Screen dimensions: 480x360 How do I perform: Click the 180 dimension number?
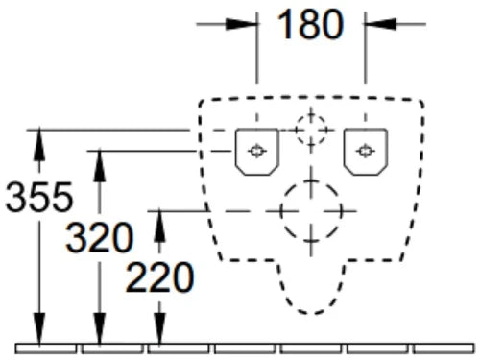310,25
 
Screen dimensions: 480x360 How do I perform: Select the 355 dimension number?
39,197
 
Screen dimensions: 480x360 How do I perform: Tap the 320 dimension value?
100,237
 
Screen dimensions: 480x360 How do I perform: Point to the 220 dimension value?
159,277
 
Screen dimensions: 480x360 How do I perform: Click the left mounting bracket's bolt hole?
256,151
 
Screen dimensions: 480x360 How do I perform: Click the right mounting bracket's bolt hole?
365,151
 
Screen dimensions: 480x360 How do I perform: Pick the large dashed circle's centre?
311,211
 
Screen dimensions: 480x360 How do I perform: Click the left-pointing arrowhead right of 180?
381,24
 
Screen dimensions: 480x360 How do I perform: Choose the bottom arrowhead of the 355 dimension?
39,329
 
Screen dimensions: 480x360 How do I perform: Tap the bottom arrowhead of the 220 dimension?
159,329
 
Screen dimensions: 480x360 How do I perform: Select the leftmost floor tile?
46,348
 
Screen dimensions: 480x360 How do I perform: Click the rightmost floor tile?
444,348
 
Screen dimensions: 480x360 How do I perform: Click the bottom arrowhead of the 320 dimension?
100,329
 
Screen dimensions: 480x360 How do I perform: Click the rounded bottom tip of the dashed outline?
311,313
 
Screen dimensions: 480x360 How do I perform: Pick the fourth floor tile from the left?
245,348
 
